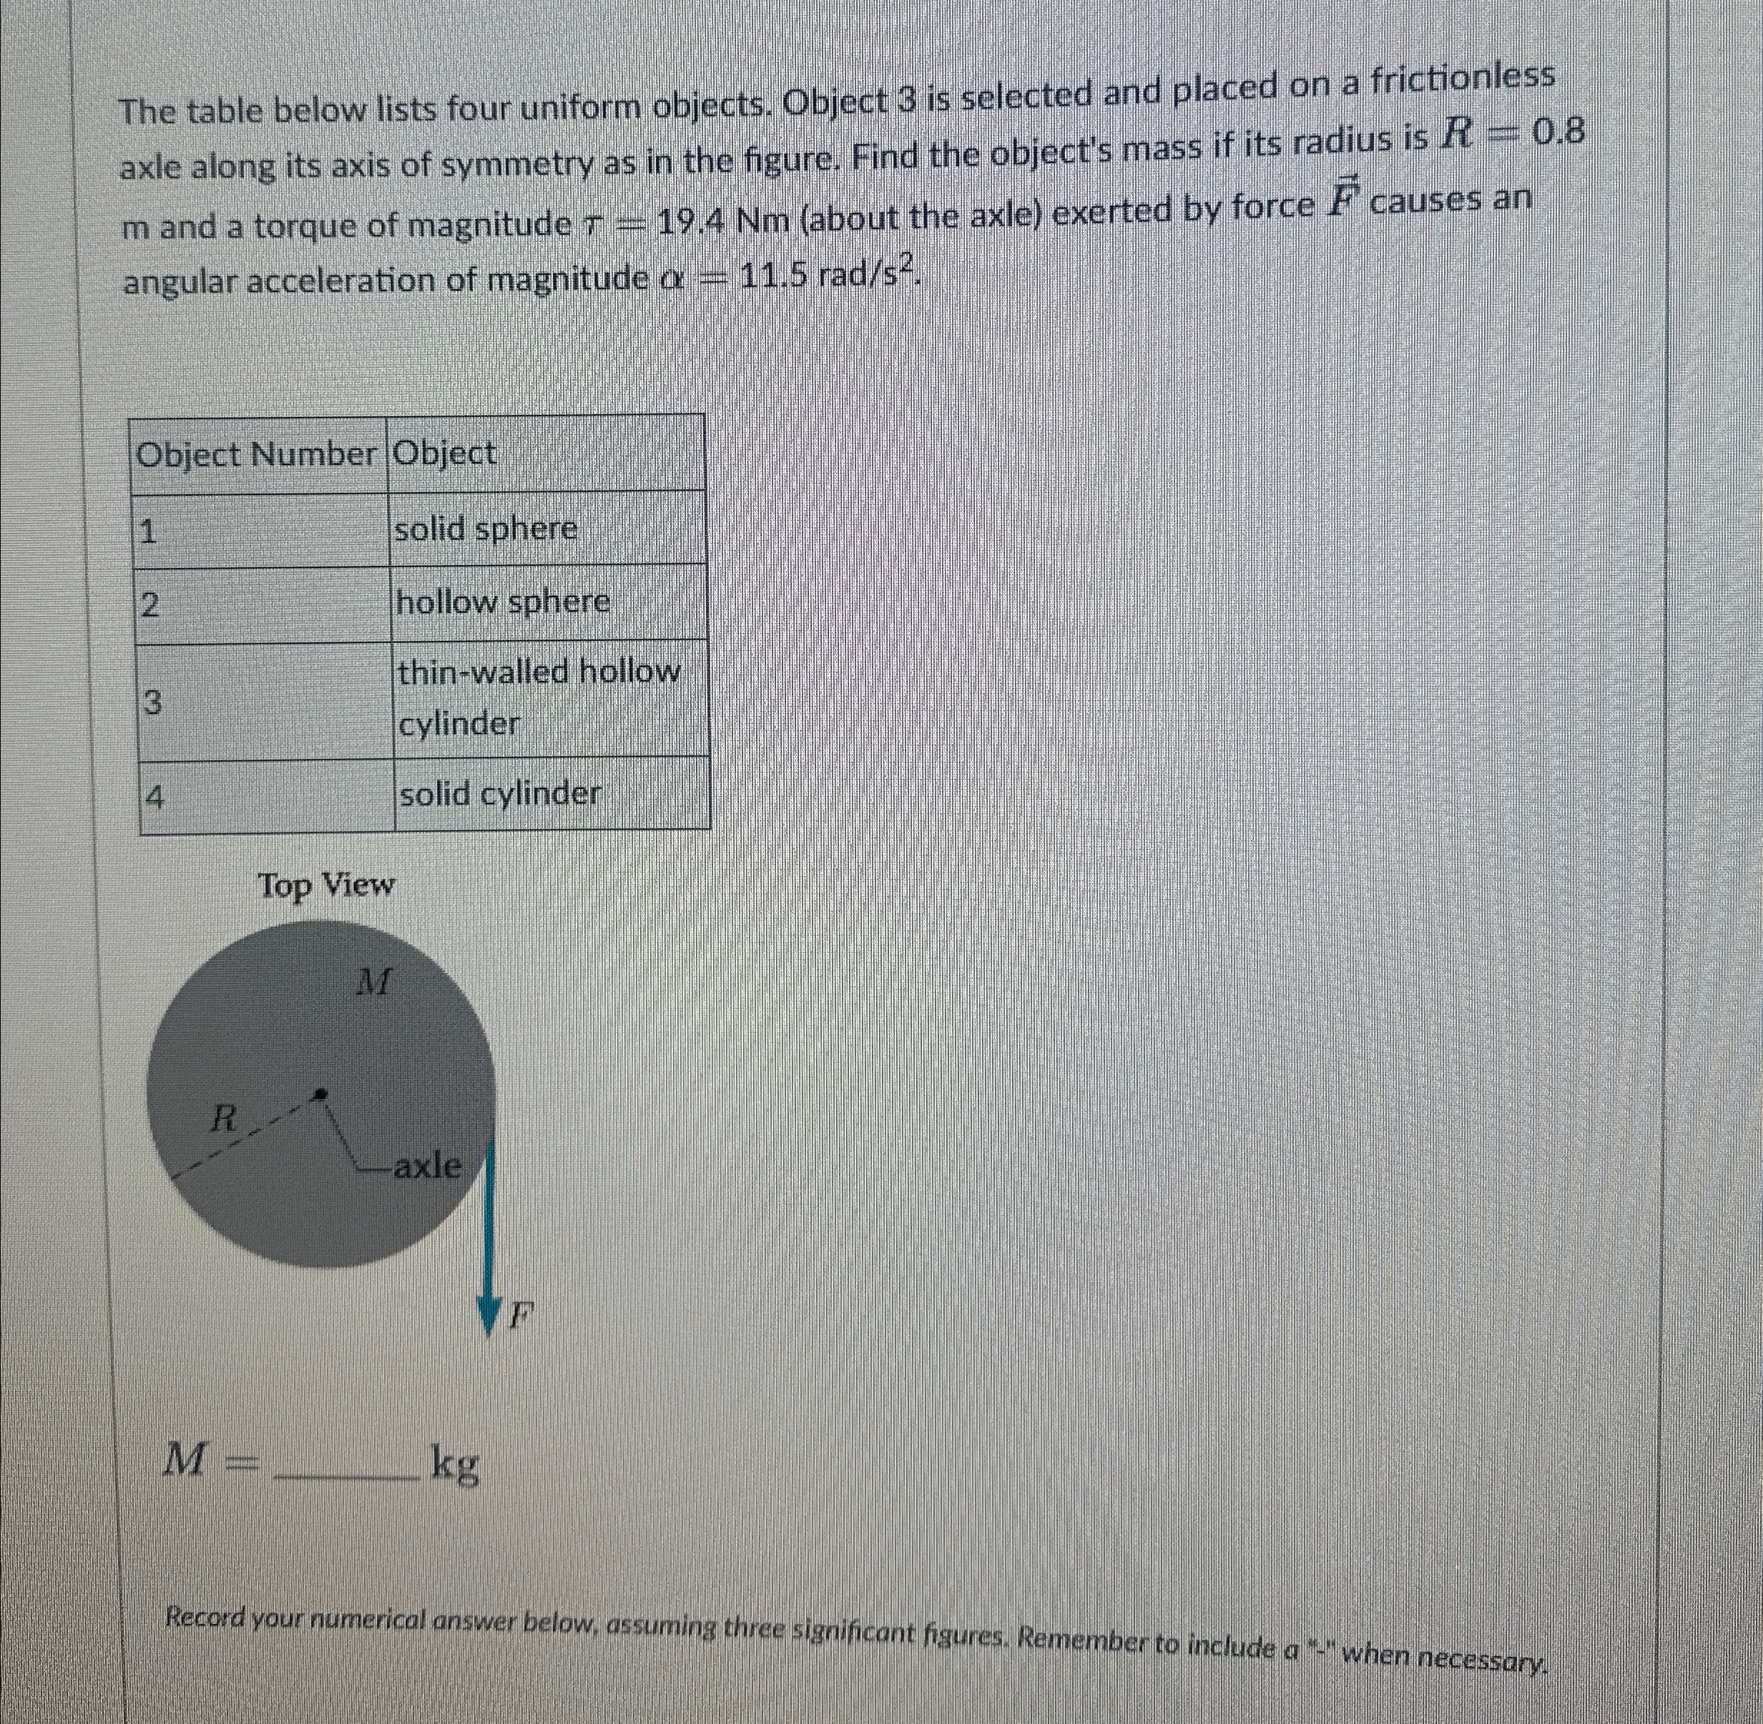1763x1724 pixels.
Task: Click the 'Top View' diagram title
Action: point(327,885)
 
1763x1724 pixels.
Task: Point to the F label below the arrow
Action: point(519,1314)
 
